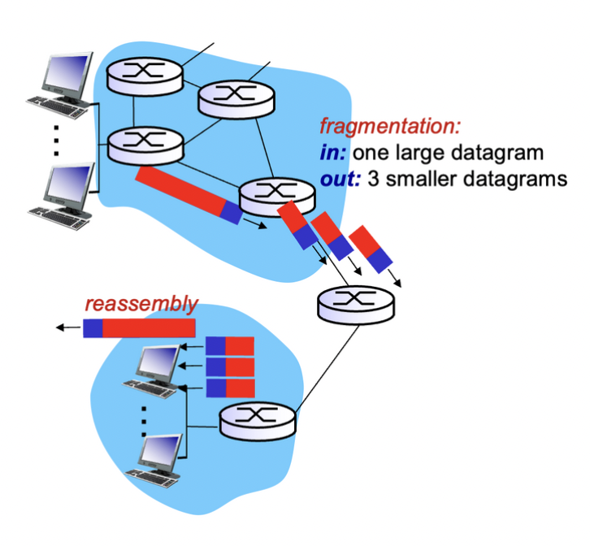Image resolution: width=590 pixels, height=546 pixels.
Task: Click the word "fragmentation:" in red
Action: (x=390, y=127)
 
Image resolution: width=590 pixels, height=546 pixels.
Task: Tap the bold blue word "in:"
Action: (x=334, y=153)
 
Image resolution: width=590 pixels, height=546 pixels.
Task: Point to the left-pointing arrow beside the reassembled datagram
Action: (x=67, y=328)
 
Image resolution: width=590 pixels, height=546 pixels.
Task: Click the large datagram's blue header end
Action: (x=231, y=213)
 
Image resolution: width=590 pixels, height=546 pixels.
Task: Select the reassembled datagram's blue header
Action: (x=92, y=328)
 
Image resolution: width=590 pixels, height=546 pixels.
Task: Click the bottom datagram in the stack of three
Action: (x=230, y=388)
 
